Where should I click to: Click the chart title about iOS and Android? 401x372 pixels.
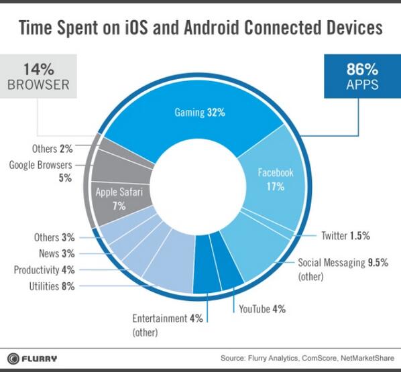tap(200, 28)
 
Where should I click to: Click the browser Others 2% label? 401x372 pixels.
tap(52, 147)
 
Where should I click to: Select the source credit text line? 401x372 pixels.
tap(310, 357)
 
